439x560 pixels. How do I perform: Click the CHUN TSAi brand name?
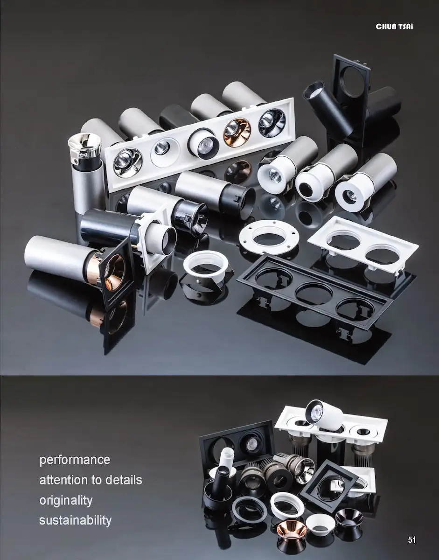[394, 27]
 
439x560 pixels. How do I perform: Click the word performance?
[75, 460]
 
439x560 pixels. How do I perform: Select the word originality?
[66, 501]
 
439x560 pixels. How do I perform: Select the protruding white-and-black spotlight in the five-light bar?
[203, 142]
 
